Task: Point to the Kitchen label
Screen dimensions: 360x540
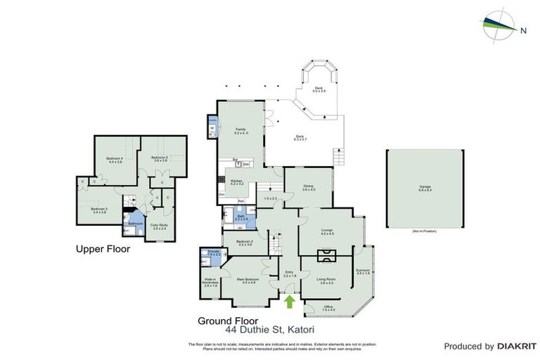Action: [237, 183]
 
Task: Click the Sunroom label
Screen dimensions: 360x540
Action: [363, 271]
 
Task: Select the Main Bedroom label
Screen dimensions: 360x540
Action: [250, 281]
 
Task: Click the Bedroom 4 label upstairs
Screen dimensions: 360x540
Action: [115, 160]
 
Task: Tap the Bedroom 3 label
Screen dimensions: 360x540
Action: [98, 210]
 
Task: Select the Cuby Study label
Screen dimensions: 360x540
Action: [159, 226]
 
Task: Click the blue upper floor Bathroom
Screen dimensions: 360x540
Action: [136, 223]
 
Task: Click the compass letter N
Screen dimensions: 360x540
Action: [522, 30]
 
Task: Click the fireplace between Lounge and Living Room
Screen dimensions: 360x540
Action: [328, 253]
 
